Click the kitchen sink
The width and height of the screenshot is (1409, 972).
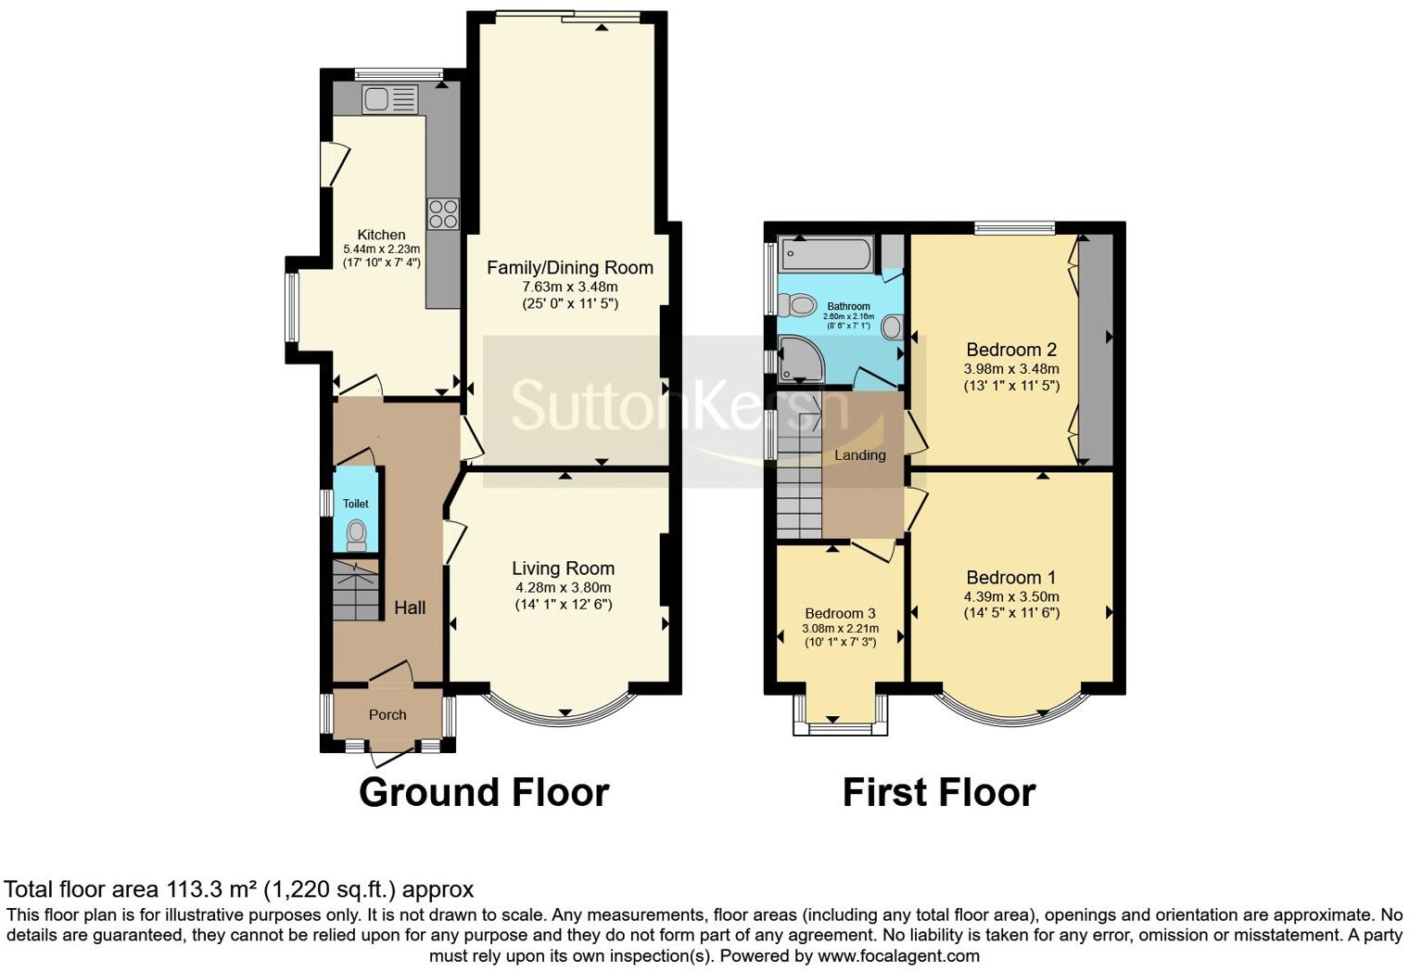[390, 98]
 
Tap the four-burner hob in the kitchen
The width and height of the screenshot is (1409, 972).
[443, 213]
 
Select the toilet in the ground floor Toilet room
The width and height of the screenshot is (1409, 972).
[356, 534]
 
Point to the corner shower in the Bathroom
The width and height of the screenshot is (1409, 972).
[800, 359]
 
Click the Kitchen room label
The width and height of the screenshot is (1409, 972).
[381, 235]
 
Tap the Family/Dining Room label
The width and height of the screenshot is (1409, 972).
[570, 268]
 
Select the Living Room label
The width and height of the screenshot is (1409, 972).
[563, 569]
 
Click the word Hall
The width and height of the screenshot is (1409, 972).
[410, 607]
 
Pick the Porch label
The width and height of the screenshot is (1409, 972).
[387, 715]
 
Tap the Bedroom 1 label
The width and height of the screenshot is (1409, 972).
[1010, 578]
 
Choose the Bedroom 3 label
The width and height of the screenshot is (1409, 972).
[840, 613]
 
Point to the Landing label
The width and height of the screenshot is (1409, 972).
[859, 455]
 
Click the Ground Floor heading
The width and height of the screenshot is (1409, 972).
[484, 793]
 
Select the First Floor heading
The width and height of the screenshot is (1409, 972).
[939, 793]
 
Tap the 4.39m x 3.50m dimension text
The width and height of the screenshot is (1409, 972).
[1011, 596]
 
